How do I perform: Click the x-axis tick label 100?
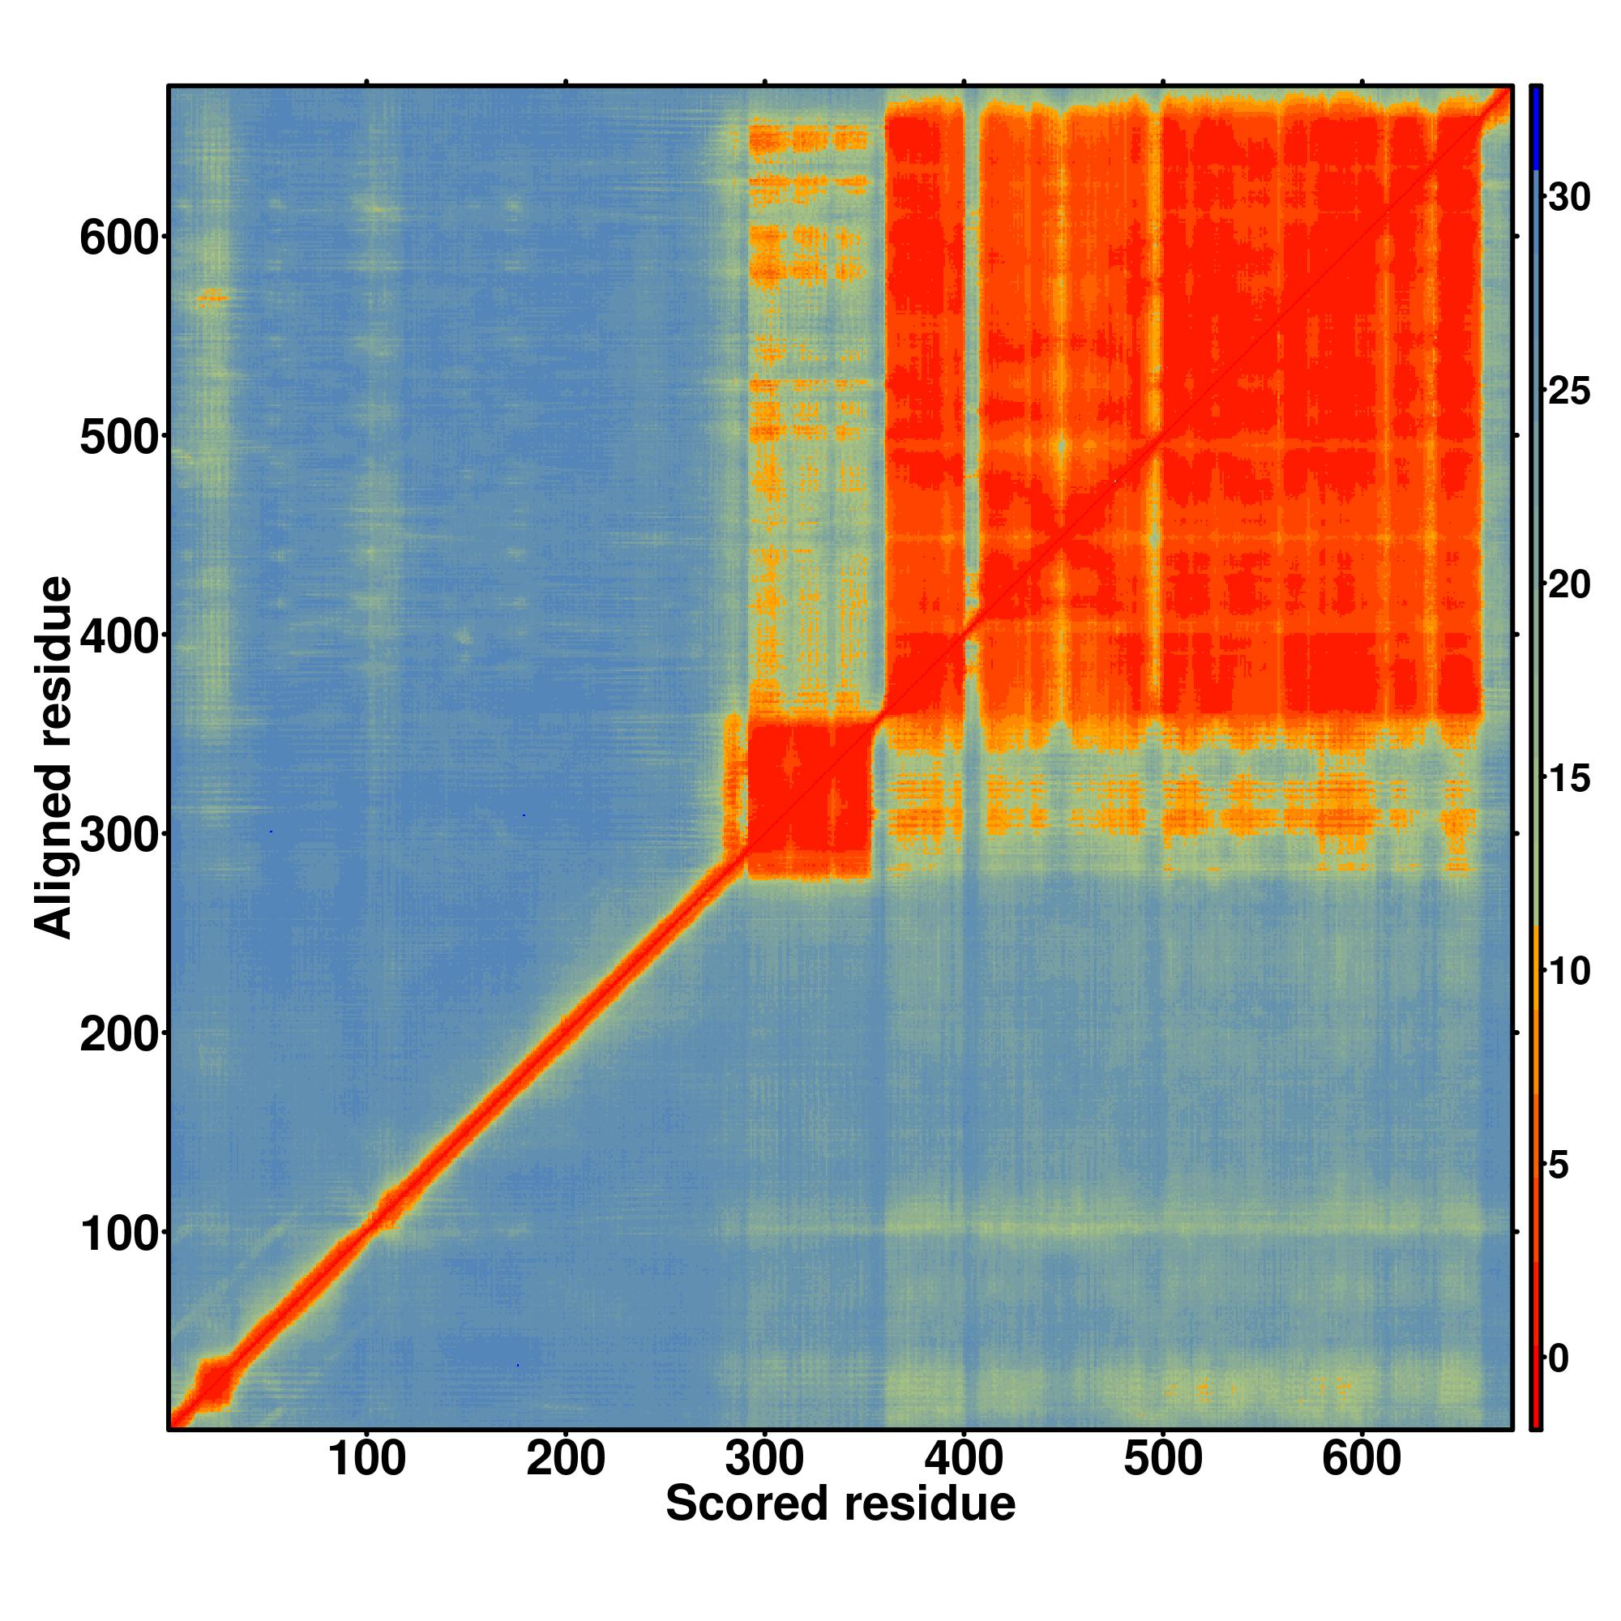(x=366, y=1461)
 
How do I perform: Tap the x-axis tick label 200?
(x=566, y=1461)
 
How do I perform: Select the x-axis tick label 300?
(x=764, y=1461)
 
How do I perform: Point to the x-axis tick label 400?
(x=964, y=1461)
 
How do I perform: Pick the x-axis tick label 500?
(x=1163, y=1461)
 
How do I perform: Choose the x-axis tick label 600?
(x=1362, y=1461)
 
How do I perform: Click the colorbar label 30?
(x=1569, y=198)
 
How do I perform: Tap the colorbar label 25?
(x=1569, y=391)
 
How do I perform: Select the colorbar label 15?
(x=1569, y=779)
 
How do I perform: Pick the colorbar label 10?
(x=1569, y=972)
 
